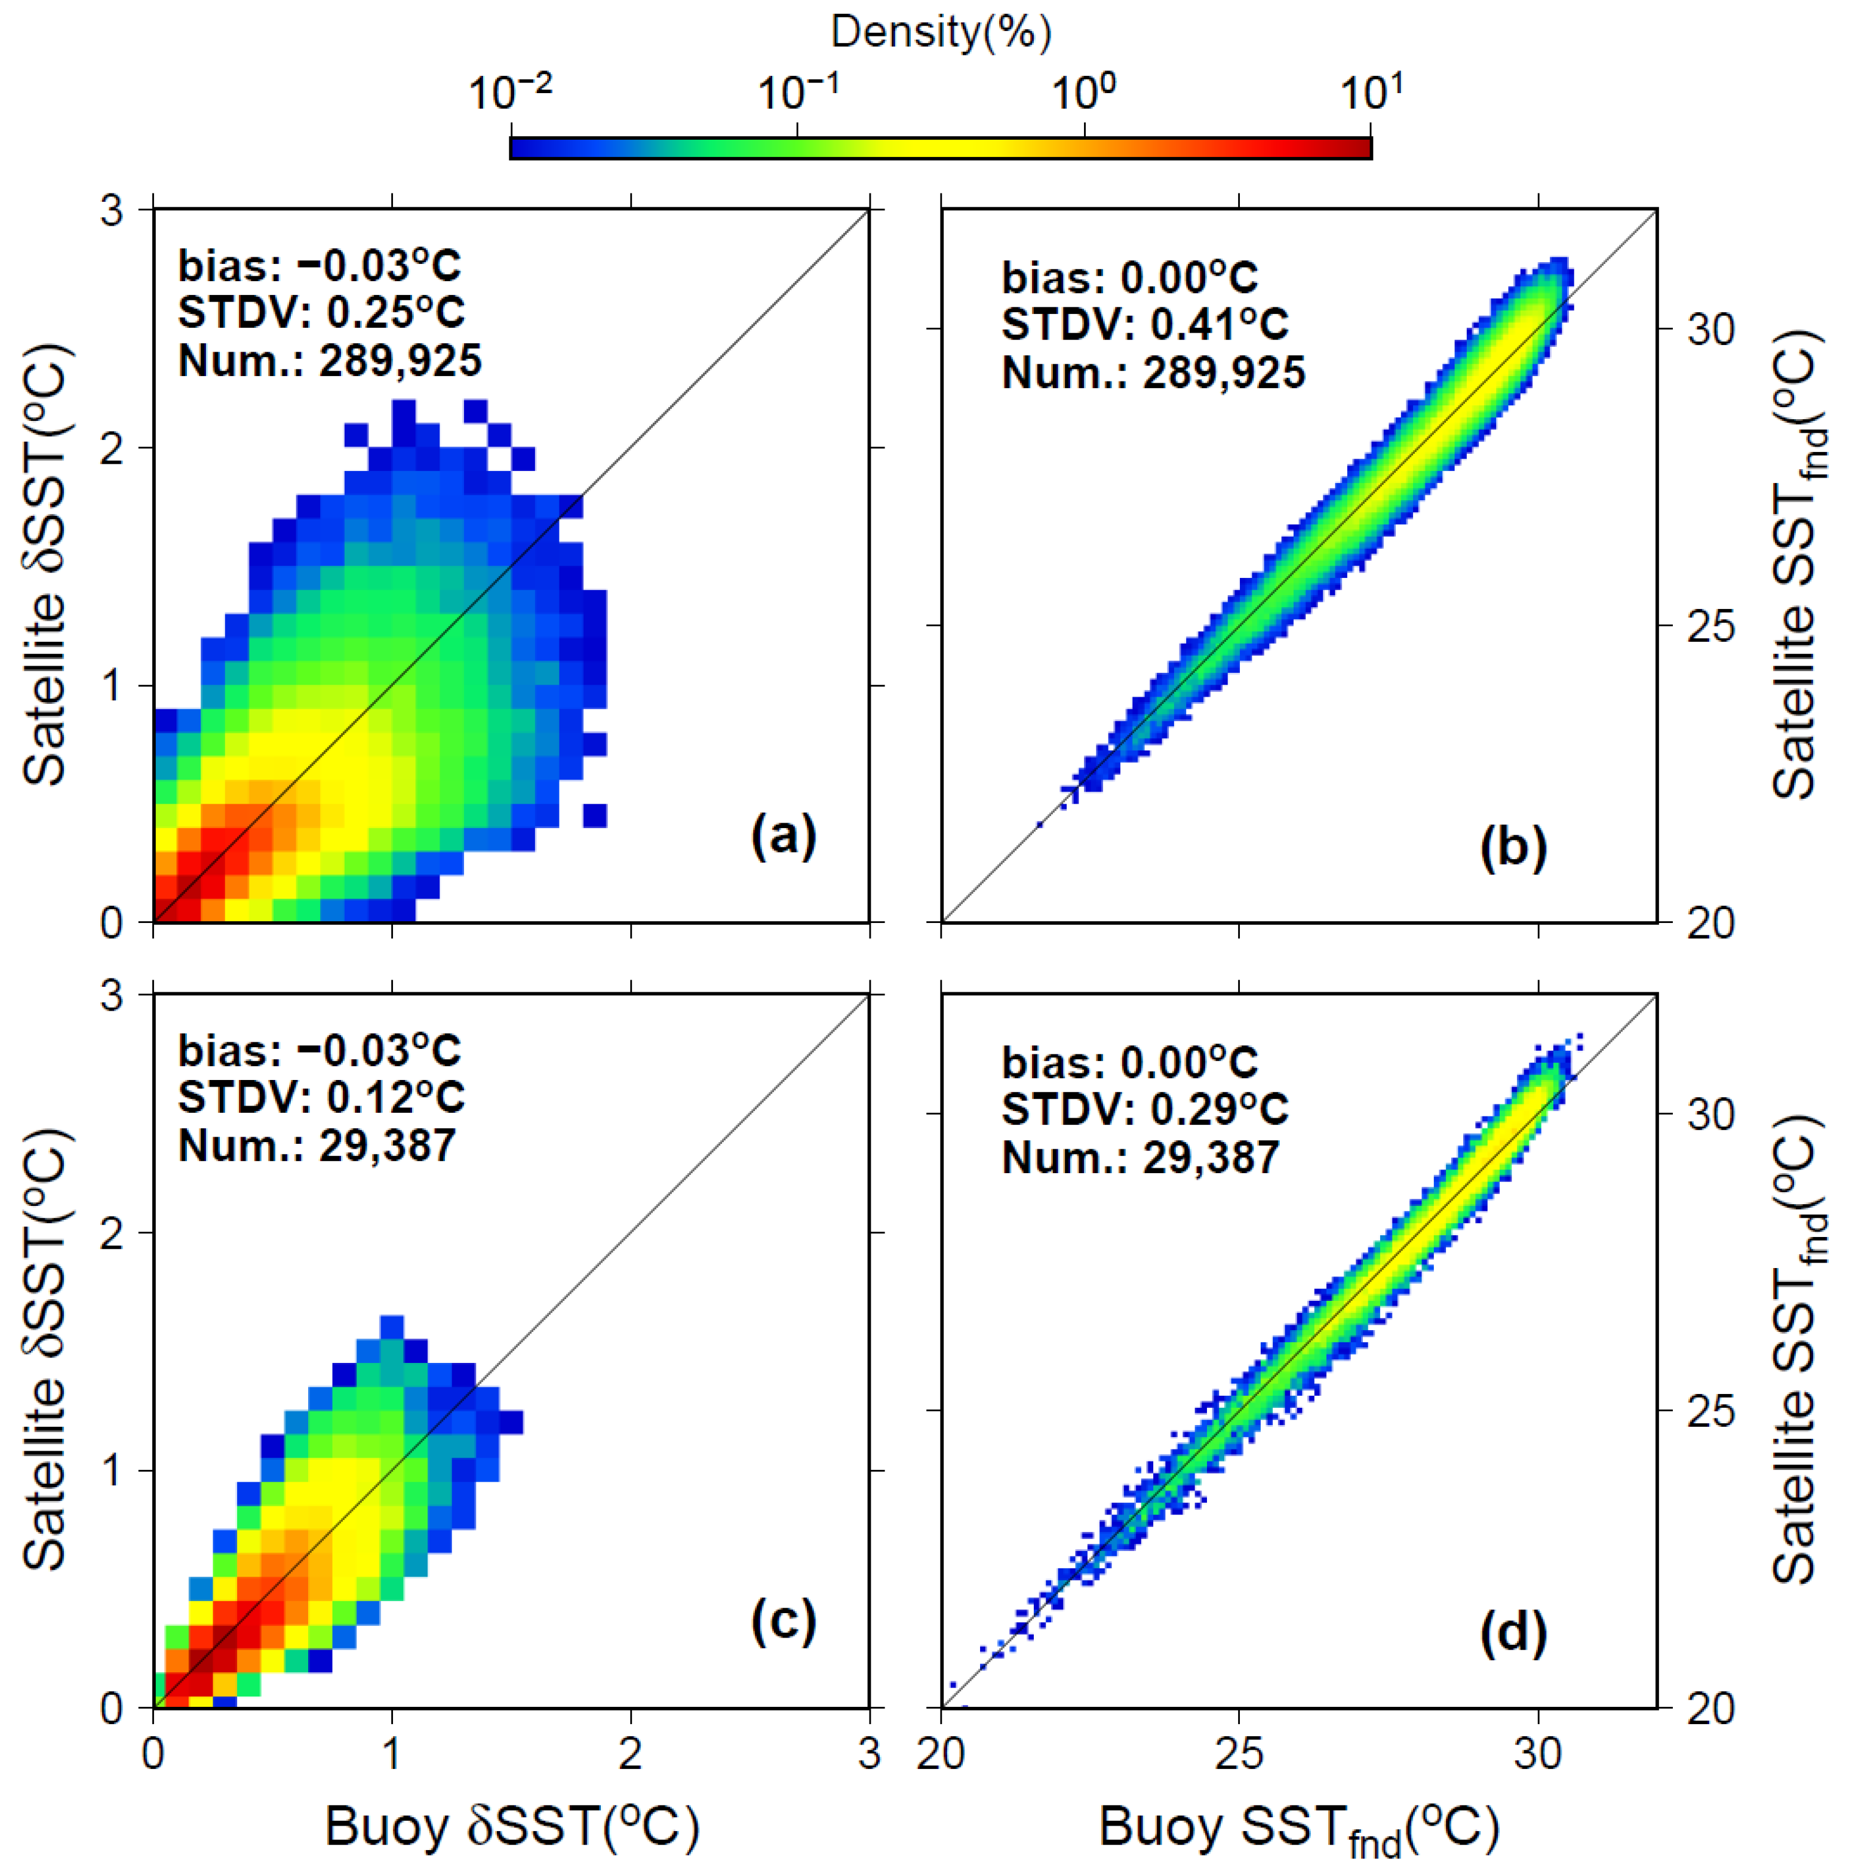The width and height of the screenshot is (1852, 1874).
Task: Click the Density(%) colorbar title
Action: coord(940,32)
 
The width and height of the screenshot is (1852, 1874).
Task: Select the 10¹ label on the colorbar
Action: coord(1371,94)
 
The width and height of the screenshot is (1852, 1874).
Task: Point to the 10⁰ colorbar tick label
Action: coord(1083,94)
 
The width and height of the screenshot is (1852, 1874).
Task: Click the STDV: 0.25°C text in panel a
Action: coord(321,312)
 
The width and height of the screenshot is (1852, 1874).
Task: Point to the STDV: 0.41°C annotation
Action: coord(1145,324)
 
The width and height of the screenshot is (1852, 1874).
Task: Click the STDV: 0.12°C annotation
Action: coord(321,1097)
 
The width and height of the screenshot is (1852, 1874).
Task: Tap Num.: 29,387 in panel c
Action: coord(317,1146)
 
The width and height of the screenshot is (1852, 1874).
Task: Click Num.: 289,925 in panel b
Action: coord(1153,373)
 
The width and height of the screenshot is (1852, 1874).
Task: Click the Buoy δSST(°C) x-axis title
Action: coord(511,1826)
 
